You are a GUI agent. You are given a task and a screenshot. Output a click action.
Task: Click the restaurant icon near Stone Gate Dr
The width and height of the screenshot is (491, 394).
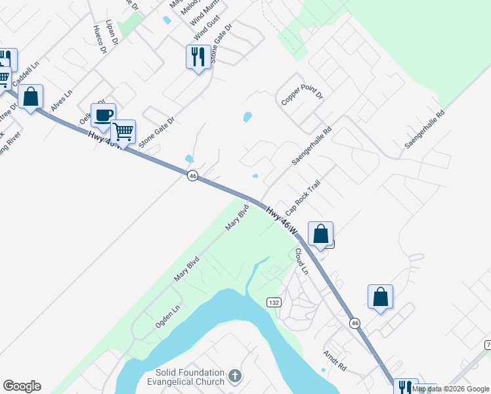point(198,57)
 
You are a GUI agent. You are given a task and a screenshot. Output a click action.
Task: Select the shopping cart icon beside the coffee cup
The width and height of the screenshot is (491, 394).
point(123,132)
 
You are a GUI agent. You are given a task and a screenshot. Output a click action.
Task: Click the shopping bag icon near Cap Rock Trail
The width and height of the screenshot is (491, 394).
point(320,234)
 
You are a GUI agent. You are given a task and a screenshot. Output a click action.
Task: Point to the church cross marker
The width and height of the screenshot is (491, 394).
point(235,376)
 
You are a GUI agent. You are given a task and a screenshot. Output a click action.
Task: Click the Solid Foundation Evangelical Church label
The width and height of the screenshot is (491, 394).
point(185,377)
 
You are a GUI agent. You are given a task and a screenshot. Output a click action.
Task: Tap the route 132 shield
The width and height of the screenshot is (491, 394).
point(274,302)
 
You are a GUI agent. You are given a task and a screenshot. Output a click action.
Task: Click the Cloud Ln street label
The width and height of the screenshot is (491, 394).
point(301,261)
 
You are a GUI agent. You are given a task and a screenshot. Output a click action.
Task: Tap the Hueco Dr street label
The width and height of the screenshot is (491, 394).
point(99,39)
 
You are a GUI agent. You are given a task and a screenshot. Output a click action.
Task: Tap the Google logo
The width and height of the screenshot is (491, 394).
point(22,386)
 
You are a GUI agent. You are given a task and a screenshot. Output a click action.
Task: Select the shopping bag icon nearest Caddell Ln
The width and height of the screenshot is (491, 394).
point(30,97)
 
